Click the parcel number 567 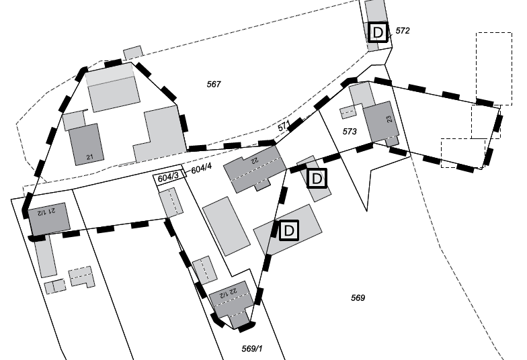[214, 84]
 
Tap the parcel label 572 [403, 31]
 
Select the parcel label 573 [350, 132]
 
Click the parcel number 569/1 [250, 349]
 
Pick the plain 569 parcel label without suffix [358, 298]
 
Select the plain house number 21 [90, 159]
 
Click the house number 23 [389, 119]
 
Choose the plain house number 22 [254, 161]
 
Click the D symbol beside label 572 [379, 32]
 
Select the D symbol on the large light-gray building [289, 230]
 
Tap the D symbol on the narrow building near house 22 [316, 178]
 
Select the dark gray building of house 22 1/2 [232, 302]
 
